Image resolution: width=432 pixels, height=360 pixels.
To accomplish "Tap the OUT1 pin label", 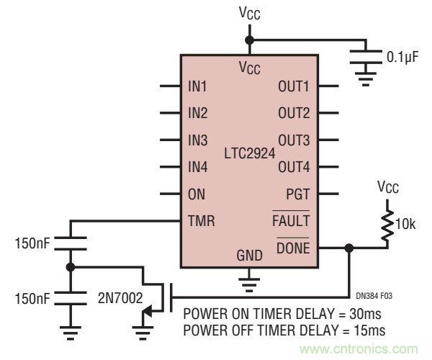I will coord(294,86).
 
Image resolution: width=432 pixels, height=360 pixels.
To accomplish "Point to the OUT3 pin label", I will coord(294,140).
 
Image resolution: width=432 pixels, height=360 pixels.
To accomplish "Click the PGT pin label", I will coord(298,193).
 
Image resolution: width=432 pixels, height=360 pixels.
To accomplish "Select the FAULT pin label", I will coord(292,220).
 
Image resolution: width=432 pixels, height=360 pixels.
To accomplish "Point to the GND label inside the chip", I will coord(249,255).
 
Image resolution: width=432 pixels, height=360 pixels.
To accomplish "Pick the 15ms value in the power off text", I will coord(369,330).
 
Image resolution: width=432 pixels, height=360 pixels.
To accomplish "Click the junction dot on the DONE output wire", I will coord(349,247).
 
